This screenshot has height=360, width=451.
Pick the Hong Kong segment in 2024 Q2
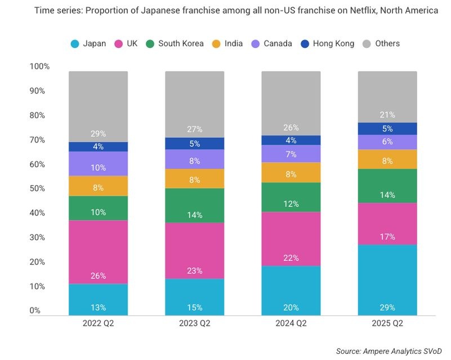coord(291,140)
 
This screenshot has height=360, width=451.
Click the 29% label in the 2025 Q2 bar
coord(387,308)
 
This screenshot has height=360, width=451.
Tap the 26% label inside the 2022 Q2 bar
coord(98,276)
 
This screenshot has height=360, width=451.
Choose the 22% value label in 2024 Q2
coord(291,258)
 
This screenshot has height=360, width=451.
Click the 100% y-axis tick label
coord(39,66)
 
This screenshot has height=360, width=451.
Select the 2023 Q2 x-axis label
coord(194,323)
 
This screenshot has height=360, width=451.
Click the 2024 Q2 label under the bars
coord(291,323)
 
